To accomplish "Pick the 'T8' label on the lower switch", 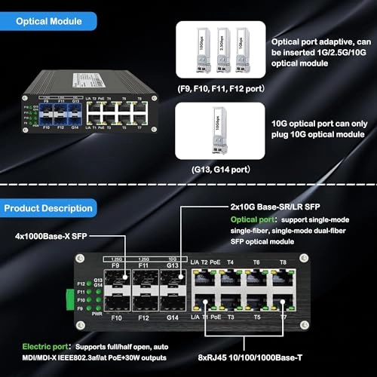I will point(283,263).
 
